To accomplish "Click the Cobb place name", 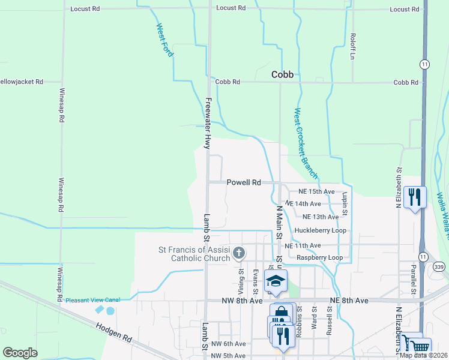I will (282, 74).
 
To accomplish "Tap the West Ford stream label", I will (165, 40).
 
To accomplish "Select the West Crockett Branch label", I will (306, 143).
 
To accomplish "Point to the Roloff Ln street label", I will (353, 46).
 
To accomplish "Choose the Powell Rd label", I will (244, 182).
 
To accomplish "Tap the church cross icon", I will (238, 253).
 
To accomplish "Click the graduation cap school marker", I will (276, 281).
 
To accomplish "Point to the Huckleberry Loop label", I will (321, 230).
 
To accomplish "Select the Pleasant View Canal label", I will (93, 300).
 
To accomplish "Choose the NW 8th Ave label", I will (242, 300).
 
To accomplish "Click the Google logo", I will (20, 353).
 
